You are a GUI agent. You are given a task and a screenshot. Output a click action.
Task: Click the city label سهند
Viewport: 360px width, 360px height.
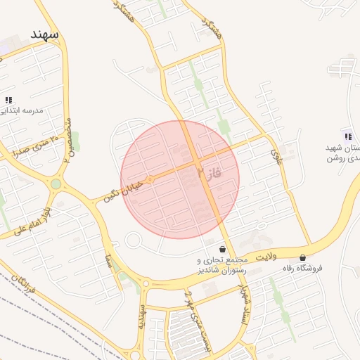pos(44,34)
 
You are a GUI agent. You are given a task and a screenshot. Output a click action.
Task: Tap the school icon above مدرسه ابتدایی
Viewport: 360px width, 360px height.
pos(8,101)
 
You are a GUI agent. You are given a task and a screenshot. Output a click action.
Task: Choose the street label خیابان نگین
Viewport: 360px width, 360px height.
pos(122,190)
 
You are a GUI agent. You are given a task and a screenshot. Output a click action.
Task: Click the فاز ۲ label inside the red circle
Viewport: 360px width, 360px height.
pos(210,171)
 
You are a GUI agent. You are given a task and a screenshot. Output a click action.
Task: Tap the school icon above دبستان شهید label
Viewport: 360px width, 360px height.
pos(347,135)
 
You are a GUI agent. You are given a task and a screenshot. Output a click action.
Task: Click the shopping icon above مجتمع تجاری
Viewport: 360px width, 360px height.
pos(223,249)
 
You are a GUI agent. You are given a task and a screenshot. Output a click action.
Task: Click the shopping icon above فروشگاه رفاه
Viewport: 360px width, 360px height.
pos(303,257)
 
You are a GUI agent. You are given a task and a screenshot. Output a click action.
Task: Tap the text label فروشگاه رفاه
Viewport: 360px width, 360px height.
pos(302,268)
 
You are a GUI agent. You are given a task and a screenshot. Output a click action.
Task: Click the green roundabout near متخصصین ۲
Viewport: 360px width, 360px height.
pos(55,184)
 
